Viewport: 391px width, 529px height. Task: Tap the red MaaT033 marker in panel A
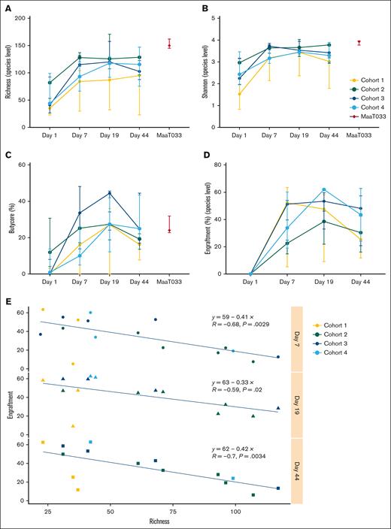click(x=169, y=44)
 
